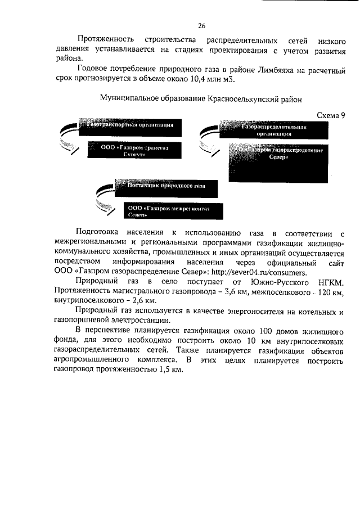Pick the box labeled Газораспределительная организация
point(273,131)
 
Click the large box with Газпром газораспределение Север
point(277,163)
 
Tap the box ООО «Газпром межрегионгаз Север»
point(169,211)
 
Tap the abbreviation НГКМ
point(330,280)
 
